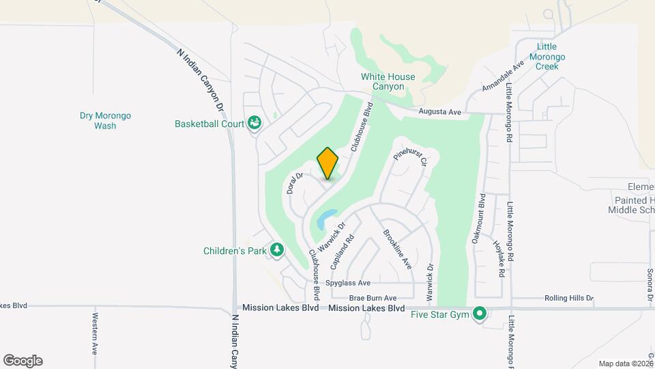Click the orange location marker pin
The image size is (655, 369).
click(327, 163)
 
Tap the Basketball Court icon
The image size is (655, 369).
click(254, 124)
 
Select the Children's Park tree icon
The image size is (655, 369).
click(277, 251)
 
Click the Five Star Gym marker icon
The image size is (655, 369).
click(480, 314)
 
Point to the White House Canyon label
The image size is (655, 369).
click(388, 81)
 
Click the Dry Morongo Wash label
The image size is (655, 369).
click(105, 121)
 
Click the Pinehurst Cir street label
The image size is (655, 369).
click(411, 156)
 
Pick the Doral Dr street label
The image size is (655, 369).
click(295, 183)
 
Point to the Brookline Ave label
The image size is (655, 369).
click(397, 249)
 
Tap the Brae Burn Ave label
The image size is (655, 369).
click(373, 299)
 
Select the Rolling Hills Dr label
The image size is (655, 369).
click(568, 299)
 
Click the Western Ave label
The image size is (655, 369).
click(95, 333)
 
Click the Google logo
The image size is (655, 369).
click(23, 361)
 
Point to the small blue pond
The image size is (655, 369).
click(325, 218)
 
